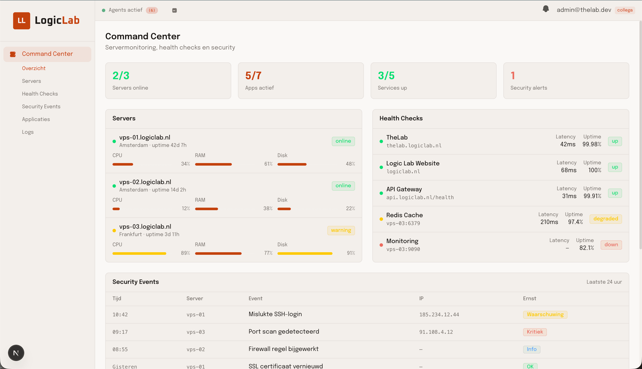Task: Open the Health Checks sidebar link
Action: click(x=40, y=94)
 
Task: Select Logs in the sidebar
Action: click(x=28, y=132)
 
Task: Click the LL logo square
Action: click(x=21, y=21)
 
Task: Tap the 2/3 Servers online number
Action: click(x=121, y=76)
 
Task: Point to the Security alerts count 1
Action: click(x=512, y=76)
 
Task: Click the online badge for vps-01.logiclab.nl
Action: click(x=343, y=141)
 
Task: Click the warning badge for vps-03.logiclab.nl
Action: click(x=341, y=230)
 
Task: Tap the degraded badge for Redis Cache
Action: click(x=605, y=219)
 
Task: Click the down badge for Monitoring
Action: click(x=611, y=245)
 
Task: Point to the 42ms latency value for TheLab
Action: click(x=567, y=144)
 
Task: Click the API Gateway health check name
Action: click(x=404, y=189)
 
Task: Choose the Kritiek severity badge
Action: click(x=535, y=332)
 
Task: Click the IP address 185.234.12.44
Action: click(x=439, y=314)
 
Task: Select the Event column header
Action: click(x=255, y=299)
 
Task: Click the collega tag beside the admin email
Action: click(x=625, y=10)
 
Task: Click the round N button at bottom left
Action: click(x=16, y=353)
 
